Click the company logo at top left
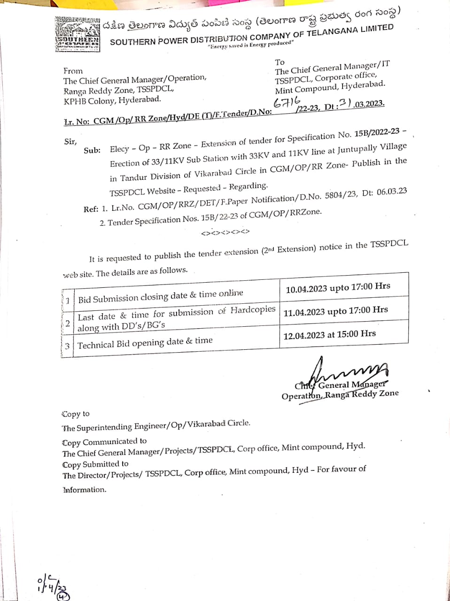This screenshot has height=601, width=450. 77,34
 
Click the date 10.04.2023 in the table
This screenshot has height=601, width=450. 306,289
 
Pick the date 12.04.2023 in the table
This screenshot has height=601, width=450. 304,335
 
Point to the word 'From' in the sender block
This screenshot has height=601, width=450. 73,71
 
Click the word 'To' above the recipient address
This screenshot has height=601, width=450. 279,62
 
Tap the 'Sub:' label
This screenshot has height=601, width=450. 92,150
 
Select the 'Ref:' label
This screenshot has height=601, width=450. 91,209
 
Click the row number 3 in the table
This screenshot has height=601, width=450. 67,346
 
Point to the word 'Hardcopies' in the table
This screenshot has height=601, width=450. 253,310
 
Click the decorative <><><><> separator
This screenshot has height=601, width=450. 225,232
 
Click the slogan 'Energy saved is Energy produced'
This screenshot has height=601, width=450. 251,45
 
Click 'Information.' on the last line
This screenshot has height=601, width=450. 85,490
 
